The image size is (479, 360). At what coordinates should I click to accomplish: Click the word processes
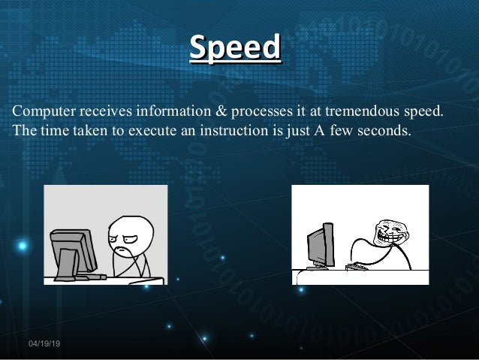(x=266, y=113)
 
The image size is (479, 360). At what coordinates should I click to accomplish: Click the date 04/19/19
(x=45, y=343)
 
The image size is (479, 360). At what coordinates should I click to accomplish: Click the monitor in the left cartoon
(x=73, y=252)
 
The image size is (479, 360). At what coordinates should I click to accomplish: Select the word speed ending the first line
(x=424, y=113)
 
